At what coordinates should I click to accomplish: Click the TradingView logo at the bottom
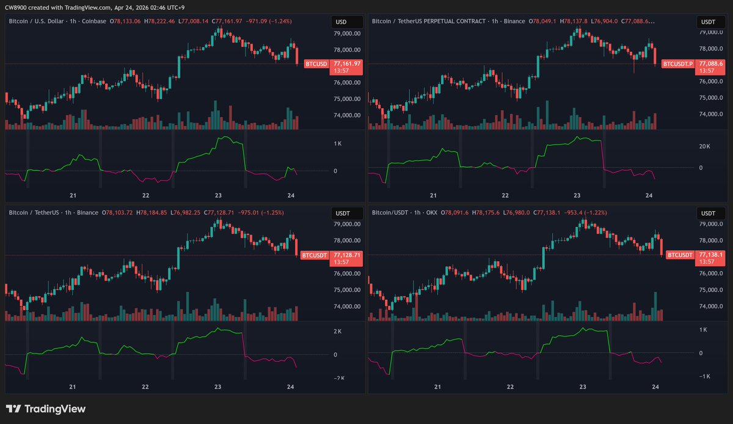(46, 409)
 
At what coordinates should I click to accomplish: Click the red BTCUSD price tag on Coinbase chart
(316, 64)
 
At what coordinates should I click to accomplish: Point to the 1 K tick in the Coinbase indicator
(337, 144)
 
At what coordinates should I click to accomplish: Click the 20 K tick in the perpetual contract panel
(704, 147)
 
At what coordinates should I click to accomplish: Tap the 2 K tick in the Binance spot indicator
(337, 331)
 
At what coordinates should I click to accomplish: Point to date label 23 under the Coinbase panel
(219, 195)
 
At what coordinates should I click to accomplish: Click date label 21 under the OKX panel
(437, 387)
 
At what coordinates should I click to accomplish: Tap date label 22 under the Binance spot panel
(146, 387)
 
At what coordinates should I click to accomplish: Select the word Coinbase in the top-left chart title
(94, 21)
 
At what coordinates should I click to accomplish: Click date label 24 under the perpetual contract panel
(649, 195)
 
